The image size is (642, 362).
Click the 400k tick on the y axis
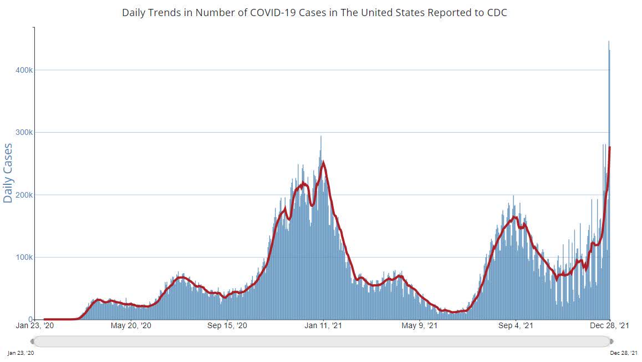tap(24, 70)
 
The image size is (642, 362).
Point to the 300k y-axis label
tap(24, 133)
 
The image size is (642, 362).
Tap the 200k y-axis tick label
tap(24, 195)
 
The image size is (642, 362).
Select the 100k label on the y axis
tap(24, 257)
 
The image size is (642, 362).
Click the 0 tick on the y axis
tap(31, 319)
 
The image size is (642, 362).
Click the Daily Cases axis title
tap(8, 173)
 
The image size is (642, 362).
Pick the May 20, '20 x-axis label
tap(131, 326)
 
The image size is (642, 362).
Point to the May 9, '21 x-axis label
tap(420, 326)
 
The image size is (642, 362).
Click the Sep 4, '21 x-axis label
tap(516, 326)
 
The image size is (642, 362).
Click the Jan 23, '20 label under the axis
tap(35, 326)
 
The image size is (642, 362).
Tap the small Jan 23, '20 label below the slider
tap(20, 353)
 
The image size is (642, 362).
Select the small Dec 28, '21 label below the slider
tap(624, 353)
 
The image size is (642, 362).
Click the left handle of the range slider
tap(33, 341)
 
